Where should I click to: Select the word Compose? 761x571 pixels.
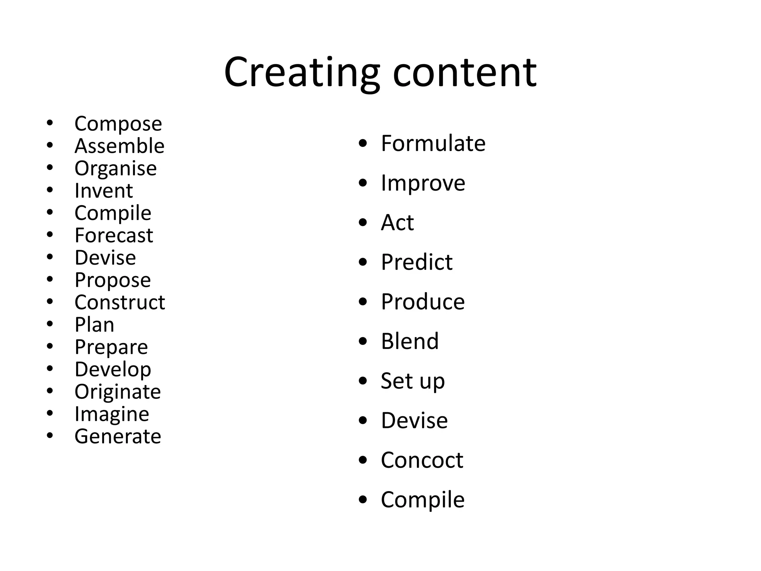118,124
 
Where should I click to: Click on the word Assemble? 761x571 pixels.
119,146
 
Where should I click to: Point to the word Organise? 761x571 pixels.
116,168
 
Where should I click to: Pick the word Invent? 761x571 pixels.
103,191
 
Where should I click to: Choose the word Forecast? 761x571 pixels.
114,235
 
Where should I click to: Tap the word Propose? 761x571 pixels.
113,280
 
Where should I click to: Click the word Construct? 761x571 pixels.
120,302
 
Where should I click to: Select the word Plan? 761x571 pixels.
94,325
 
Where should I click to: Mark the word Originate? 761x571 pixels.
117,392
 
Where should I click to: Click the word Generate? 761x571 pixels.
117,436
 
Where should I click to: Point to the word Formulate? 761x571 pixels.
433,143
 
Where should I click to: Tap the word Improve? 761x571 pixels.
423,183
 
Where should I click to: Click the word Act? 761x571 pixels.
397,222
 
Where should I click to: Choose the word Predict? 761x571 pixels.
417,262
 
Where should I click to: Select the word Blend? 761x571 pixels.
410,341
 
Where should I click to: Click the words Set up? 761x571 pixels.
412,381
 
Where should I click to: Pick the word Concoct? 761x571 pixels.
422,460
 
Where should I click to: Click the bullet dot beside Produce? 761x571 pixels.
363,301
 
